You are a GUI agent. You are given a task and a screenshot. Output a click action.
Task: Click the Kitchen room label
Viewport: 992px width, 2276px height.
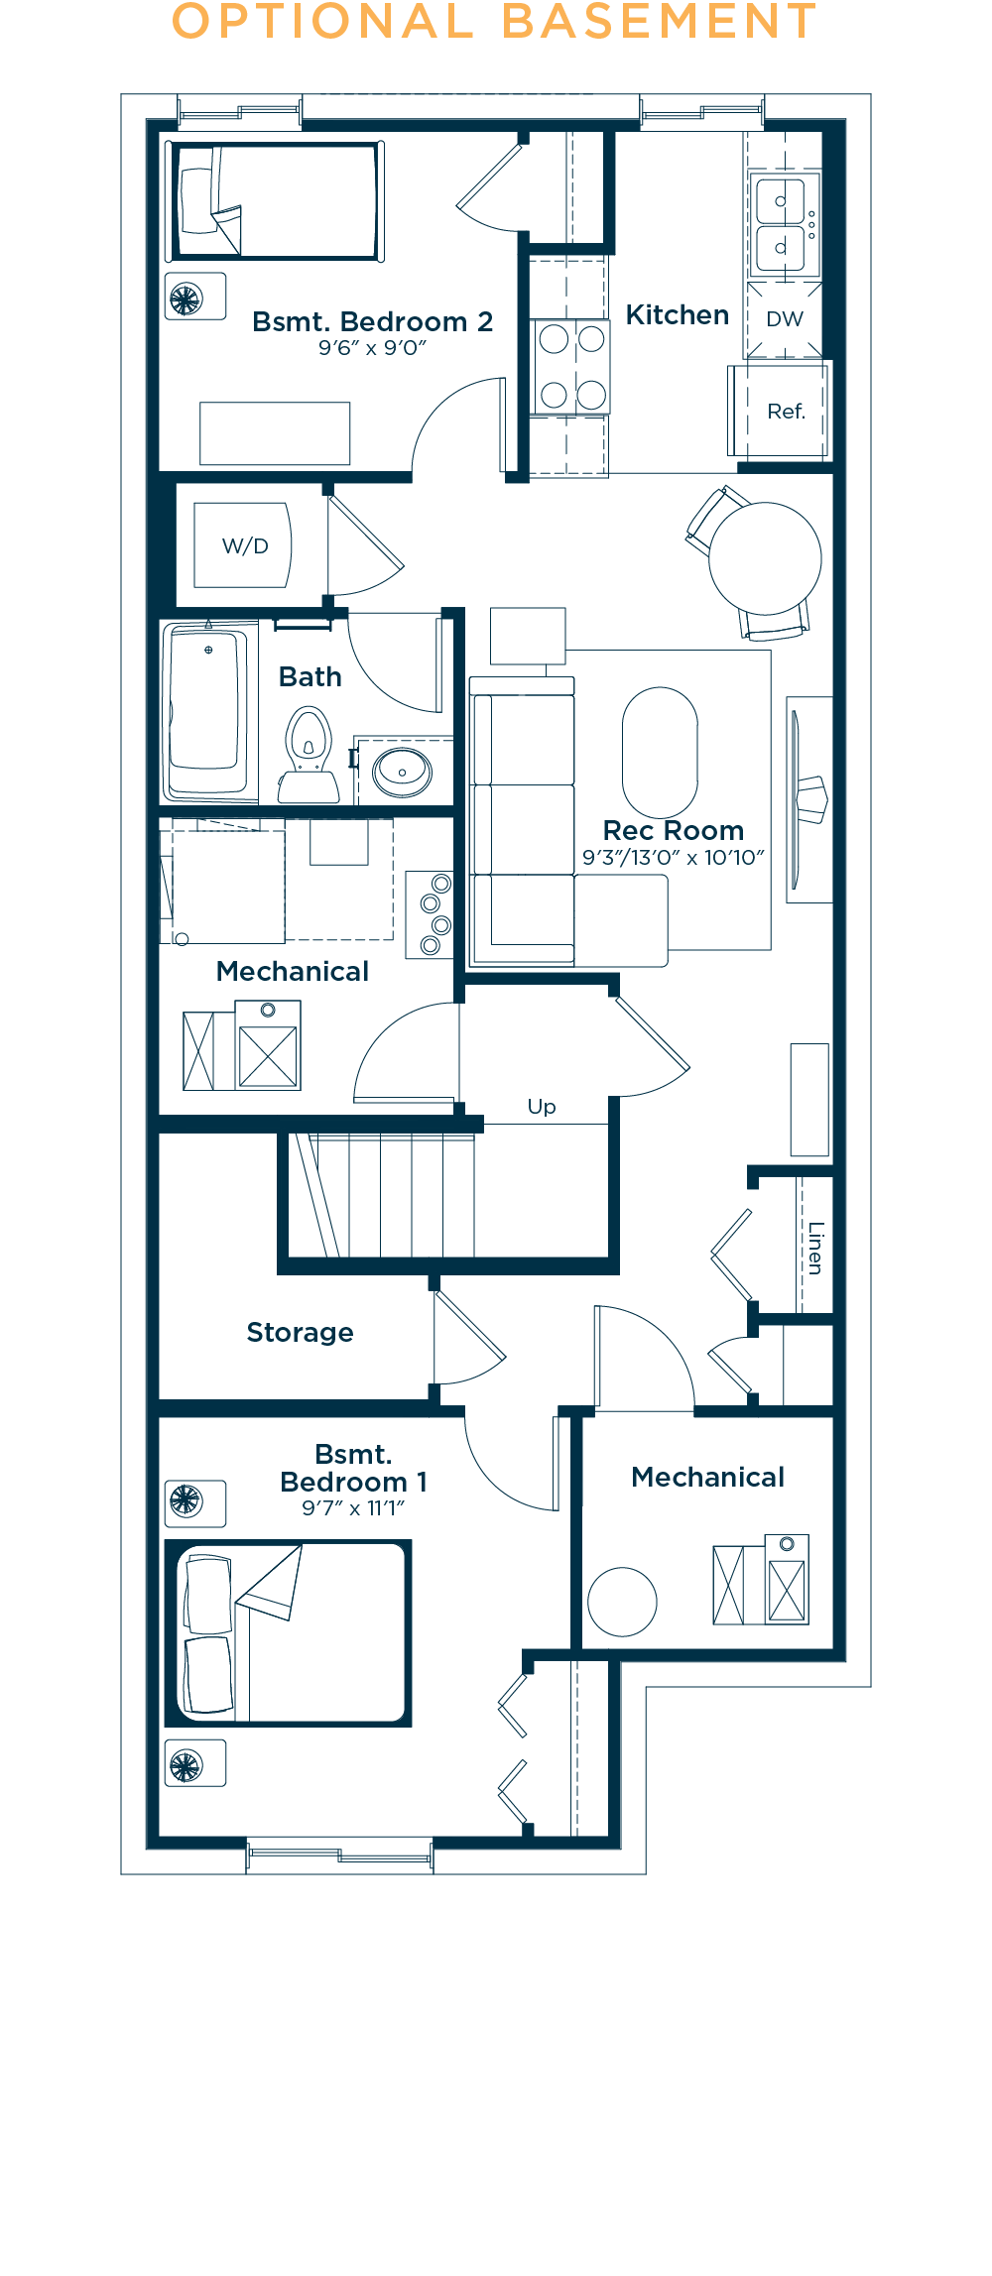(678, 315)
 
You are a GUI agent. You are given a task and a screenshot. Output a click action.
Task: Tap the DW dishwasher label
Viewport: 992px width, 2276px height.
(785, 319)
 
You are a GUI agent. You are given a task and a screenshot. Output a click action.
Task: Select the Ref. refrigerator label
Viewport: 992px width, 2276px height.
(786, 411)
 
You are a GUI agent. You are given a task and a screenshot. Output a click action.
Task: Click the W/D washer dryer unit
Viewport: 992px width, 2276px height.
(242, 545)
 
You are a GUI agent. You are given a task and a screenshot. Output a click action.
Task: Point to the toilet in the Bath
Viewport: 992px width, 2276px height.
(309, 755)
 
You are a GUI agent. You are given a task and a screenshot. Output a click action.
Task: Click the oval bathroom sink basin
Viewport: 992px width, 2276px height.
(402, 771)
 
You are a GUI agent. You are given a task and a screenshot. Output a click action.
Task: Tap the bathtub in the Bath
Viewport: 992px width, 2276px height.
(206, 711)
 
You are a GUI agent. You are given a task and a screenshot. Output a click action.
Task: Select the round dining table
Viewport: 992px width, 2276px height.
(765, 558)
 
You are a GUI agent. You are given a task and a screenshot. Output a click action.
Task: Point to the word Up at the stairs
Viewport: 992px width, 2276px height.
(542, 1107)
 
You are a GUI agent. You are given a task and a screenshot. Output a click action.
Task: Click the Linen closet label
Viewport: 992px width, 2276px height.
(815, 1248)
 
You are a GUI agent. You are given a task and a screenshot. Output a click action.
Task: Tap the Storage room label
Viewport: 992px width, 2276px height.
(300, 1332)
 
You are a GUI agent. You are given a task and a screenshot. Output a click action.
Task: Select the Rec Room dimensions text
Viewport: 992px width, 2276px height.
(674, 858)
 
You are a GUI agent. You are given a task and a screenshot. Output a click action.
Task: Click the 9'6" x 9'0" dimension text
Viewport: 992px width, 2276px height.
(372, 348)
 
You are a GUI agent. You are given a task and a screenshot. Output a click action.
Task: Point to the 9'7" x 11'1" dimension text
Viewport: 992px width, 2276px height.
(353, 1508)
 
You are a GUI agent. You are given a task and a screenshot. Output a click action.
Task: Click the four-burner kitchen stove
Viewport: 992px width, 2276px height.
(571, 366)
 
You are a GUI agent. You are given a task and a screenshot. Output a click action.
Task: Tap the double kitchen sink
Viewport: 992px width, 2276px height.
(782, 224)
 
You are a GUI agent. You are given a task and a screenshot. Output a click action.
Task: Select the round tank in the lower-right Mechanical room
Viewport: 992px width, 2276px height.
(622, 1602)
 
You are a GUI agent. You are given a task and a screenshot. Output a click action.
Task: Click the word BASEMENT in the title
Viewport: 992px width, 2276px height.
(659, 22)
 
